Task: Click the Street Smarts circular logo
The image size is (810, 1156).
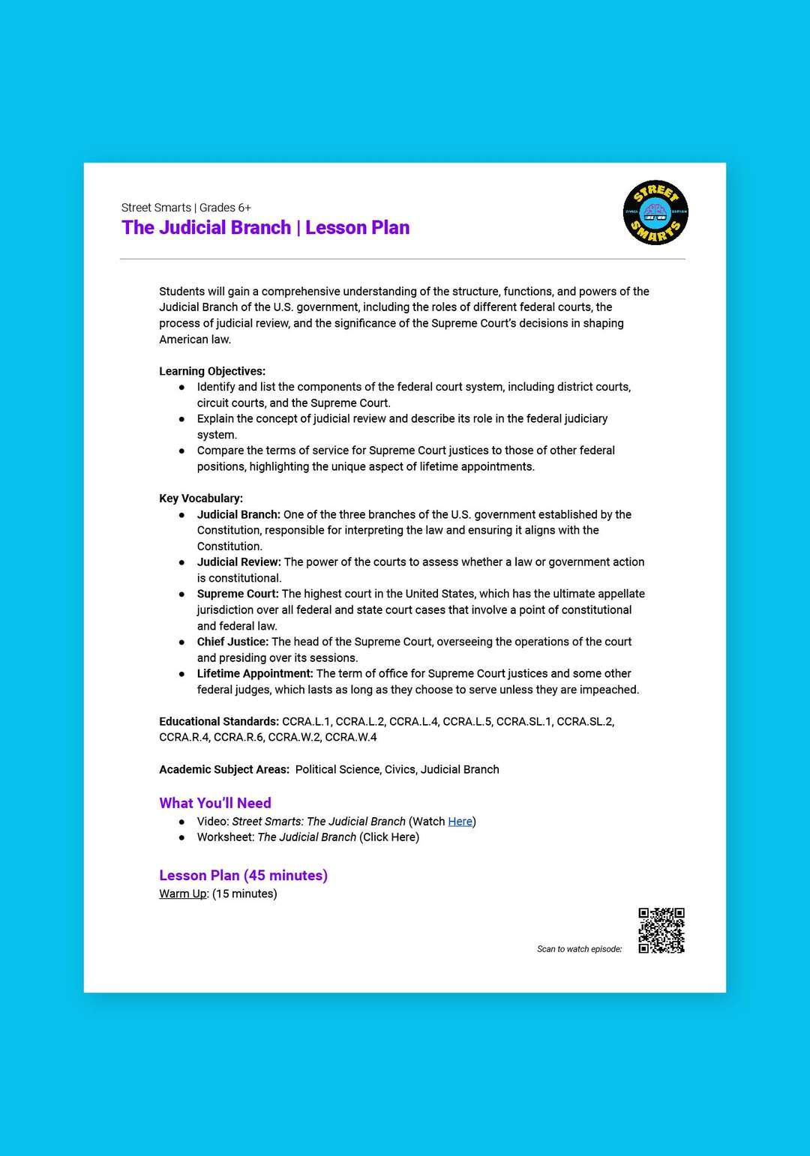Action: coord(655,212)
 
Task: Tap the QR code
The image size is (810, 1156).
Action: coord(661,930)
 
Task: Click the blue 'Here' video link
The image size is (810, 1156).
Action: coord(460,822)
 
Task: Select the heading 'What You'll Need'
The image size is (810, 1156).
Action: coord(215,803)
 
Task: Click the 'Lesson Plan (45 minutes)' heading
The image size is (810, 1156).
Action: coord(243,875)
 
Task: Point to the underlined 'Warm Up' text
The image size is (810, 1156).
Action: coord(183,894)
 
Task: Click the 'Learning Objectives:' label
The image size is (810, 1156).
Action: coord(212,371)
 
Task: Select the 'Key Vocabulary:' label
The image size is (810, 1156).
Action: coord(201,499)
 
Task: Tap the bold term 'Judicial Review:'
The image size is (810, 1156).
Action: coord(239,562)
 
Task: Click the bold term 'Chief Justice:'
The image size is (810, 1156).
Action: coord(232,642)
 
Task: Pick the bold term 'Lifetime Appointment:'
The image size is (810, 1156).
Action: coord(255,674)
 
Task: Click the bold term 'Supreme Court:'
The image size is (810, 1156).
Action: coord(238,594)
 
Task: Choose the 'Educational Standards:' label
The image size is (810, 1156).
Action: coord(219,722)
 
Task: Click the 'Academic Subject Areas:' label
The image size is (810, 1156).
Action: coord(224,770)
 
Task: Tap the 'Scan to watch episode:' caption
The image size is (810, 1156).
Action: coord(579,949)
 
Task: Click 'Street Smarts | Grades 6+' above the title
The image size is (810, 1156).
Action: coord(186,208)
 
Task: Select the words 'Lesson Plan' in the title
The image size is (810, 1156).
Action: coord(357,228)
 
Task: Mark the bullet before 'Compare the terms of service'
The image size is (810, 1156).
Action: coord(181,451)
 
